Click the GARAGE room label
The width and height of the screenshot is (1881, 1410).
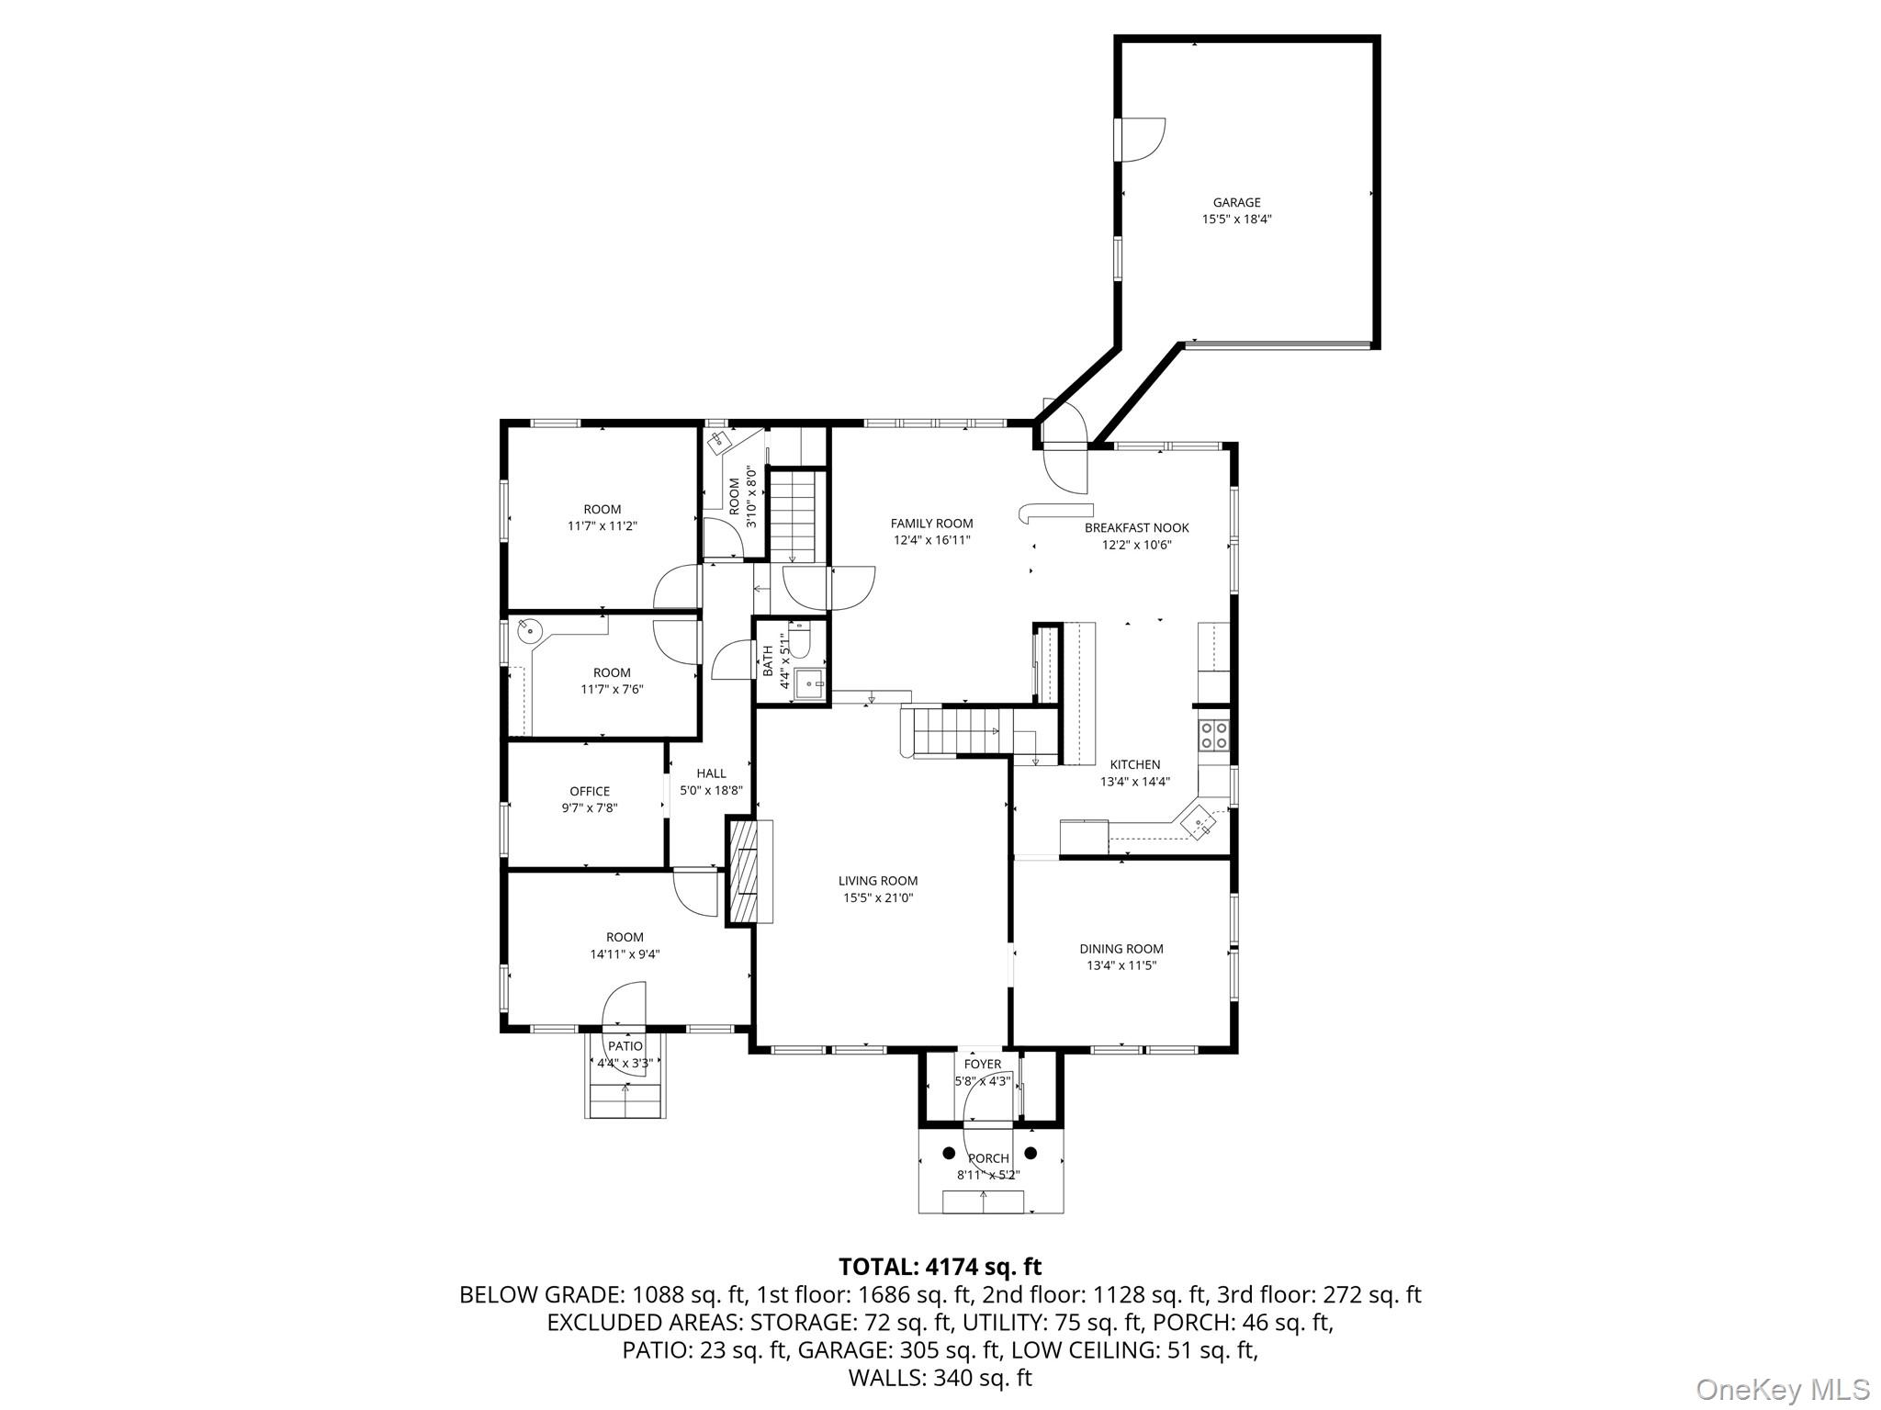pyautogui.click(x=1236, y=202)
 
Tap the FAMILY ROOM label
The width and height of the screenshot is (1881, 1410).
pyautogui.click(x=931, y=524)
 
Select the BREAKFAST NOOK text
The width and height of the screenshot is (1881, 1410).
pyautogui.click(x=1136, y=528)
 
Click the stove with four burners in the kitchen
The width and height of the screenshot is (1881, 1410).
pyautogui.click(x=1213, y=734)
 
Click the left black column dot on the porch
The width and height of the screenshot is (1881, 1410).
pyautogui.click(x=949, y=1153)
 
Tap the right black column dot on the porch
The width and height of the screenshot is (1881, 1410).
pyautogui.click(x=1031, y=1153)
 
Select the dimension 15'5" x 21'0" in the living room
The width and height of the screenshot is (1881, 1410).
pyautogui.click(x=878, y=898)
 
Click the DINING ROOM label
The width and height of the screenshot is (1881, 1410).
pyautogui.click(x=1121, y=949)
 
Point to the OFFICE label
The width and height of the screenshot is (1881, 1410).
pyautogui.click(x=590, y=791)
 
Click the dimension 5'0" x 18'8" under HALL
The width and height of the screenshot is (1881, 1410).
pyautogui.click(x=711, y=790)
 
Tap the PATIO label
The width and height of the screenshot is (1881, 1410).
pyautogui.click(x=625, y=1046)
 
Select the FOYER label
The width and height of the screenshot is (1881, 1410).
pyautogui.click(x=983, y=1065)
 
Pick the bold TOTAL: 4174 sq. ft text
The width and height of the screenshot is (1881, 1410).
pyautogui.click(x=940, y=1268)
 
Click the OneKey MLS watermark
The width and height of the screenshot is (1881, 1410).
pyautogui.click(x=1782, y=1389)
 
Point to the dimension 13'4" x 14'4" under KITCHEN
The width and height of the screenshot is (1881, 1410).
pyautogui.click(x=1135, y=783)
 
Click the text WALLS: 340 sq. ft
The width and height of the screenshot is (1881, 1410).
pyautogui.click(x=940, y=1378)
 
